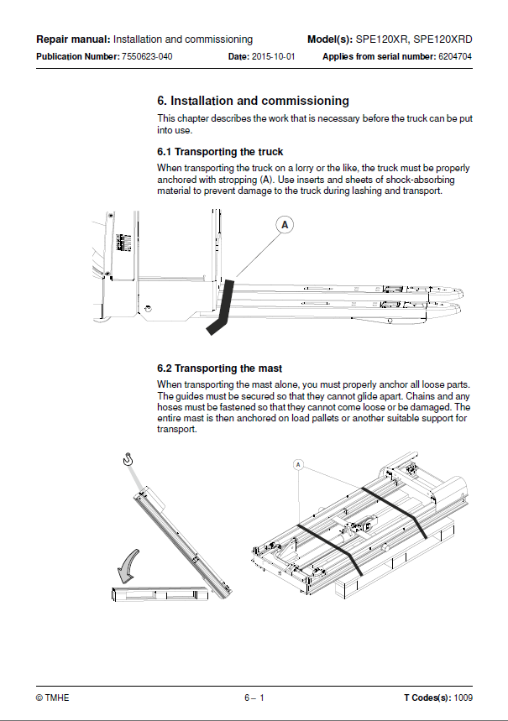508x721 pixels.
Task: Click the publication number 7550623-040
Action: tap(147, 56)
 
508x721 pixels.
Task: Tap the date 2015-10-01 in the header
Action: tap(274, 56)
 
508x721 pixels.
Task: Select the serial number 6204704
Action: tap(455, 56)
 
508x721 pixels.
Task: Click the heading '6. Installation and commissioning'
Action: tap(253, 101)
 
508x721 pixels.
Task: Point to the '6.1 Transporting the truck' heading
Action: tap(220, 152)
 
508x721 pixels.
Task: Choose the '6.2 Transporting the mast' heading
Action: tap(219, 368)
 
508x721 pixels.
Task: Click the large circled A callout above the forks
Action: tap(285, 225)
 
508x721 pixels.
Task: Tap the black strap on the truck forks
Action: tap(223, 306)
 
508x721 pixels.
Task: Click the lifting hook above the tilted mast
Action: tap(128, 459)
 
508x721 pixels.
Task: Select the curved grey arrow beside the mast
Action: tap(128, 566)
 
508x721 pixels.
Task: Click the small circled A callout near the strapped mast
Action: tap(298, 465)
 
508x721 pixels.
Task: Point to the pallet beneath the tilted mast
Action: tap(160, 593)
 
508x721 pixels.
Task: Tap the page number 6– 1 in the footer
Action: tap(254, 697)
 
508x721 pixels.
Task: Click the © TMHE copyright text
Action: tap(52, 697)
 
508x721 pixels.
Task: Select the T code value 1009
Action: tap(463, 697)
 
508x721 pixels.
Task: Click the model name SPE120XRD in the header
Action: tap(443, 39)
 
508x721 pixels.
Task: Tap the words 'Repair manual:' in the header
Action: tap(73, 39)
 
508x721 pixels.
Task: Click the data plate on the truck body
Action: tap(124, 243)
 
